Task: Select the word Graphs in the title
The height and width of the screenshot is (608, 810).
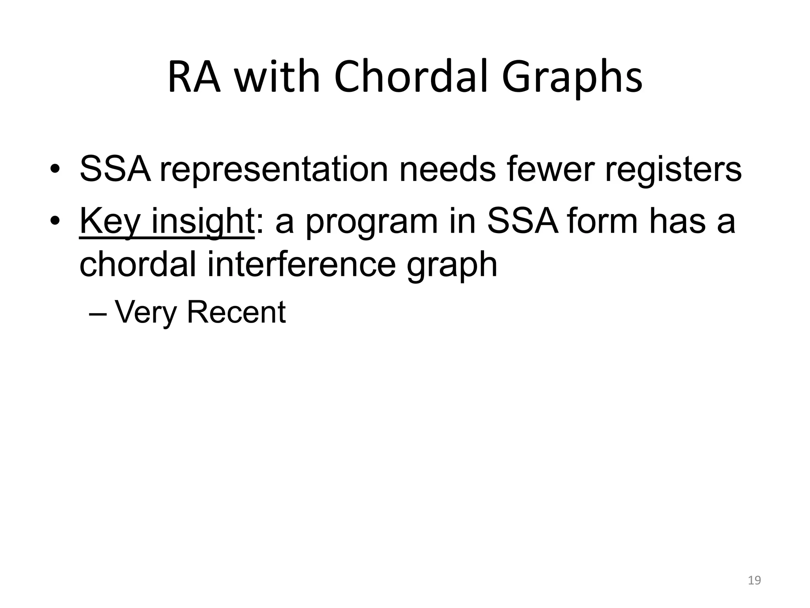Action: pos(572,79)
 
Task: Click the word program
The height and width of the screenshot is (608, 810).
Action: pos(371,223)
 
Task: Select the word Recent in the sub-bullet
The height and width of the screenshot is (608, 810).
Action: pos(236,312)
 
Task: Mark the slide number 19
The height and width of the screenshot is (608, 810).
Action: pos(755,580)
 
